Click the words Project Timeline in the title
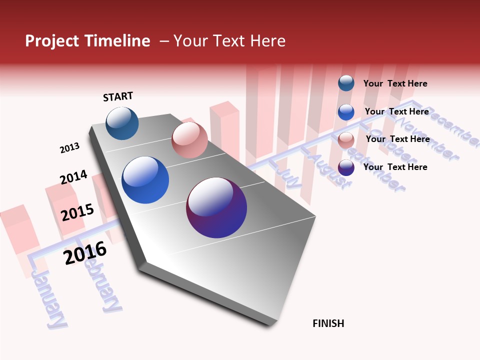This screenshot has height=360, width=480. click(87, 41)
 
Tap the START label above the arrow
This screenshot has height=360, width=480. click(118, 96)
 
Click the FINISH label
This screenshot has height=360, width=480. click(328, 323)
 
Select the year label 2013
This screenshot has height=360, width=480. click(69, 148)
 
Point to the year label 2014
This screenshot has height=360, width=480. click(73, 177)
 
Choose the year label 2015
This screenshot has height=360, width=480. click(77, 212)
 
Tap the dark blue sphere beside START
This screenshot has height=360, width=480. click(122, 123)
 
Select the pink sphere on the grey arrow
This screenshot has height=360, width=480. click(189, 140)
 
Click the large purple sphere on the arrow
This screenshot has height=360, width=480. click(216, 207)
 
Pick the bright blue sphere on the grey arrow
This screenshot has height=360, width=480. click(145, 180)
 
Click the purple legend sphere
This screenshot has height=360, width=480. click(346, 167)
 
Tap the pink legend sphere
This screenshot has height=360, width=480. click(346, 140)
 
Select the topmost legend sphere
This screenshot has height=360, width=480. click(346, 83)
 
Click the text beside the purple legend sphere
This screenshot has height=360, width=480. click(395, 167)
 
